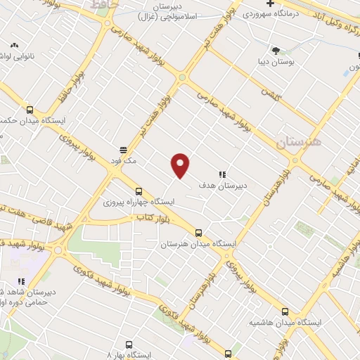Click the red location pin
tap(181, 165)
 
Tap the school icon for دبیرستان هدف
tap(222, 174)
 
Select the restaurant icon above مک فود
tap(123, 149)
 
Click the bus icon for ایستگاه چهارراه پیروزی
tap(138, 191)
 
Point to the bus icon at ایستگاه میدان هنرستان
tap(198, 233)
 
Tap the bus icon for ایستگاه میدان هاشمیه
tap(285, 311)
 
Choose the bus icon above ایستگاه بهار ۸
tap(129, 345)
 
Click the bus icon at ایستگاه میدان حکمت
tap(30, 109)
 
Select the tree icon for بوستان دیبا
tap(275, 50)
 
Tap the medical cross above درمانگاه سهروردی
tap(270, 4)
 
